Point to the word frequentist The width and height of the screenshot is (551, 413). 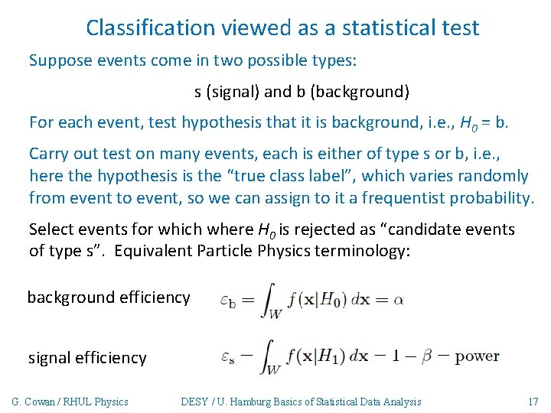[416, 199]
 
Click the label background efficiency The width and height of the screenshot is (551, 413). [109, 298]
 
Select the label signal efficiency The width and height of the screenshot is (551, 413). [87, 358]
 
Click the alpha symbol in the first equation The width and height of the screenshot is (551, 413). [399, 300]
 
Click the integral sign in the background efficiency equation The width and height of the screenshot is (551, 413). [269, 298]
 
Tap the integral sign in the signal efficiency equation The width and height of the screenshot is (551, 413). [269, 357]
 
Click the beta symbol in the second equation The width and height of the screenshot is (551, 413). [422, 356]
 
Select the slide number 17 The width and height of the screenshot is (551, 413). [533, 402]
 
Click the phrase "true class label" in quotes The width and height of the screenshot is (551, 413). [289, 177]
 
